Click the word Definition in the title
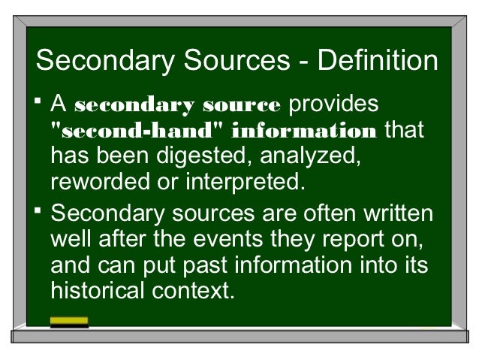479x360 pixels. (x=378, y=61)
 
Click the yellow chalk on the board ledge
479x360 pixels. (x=68, y=322)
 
